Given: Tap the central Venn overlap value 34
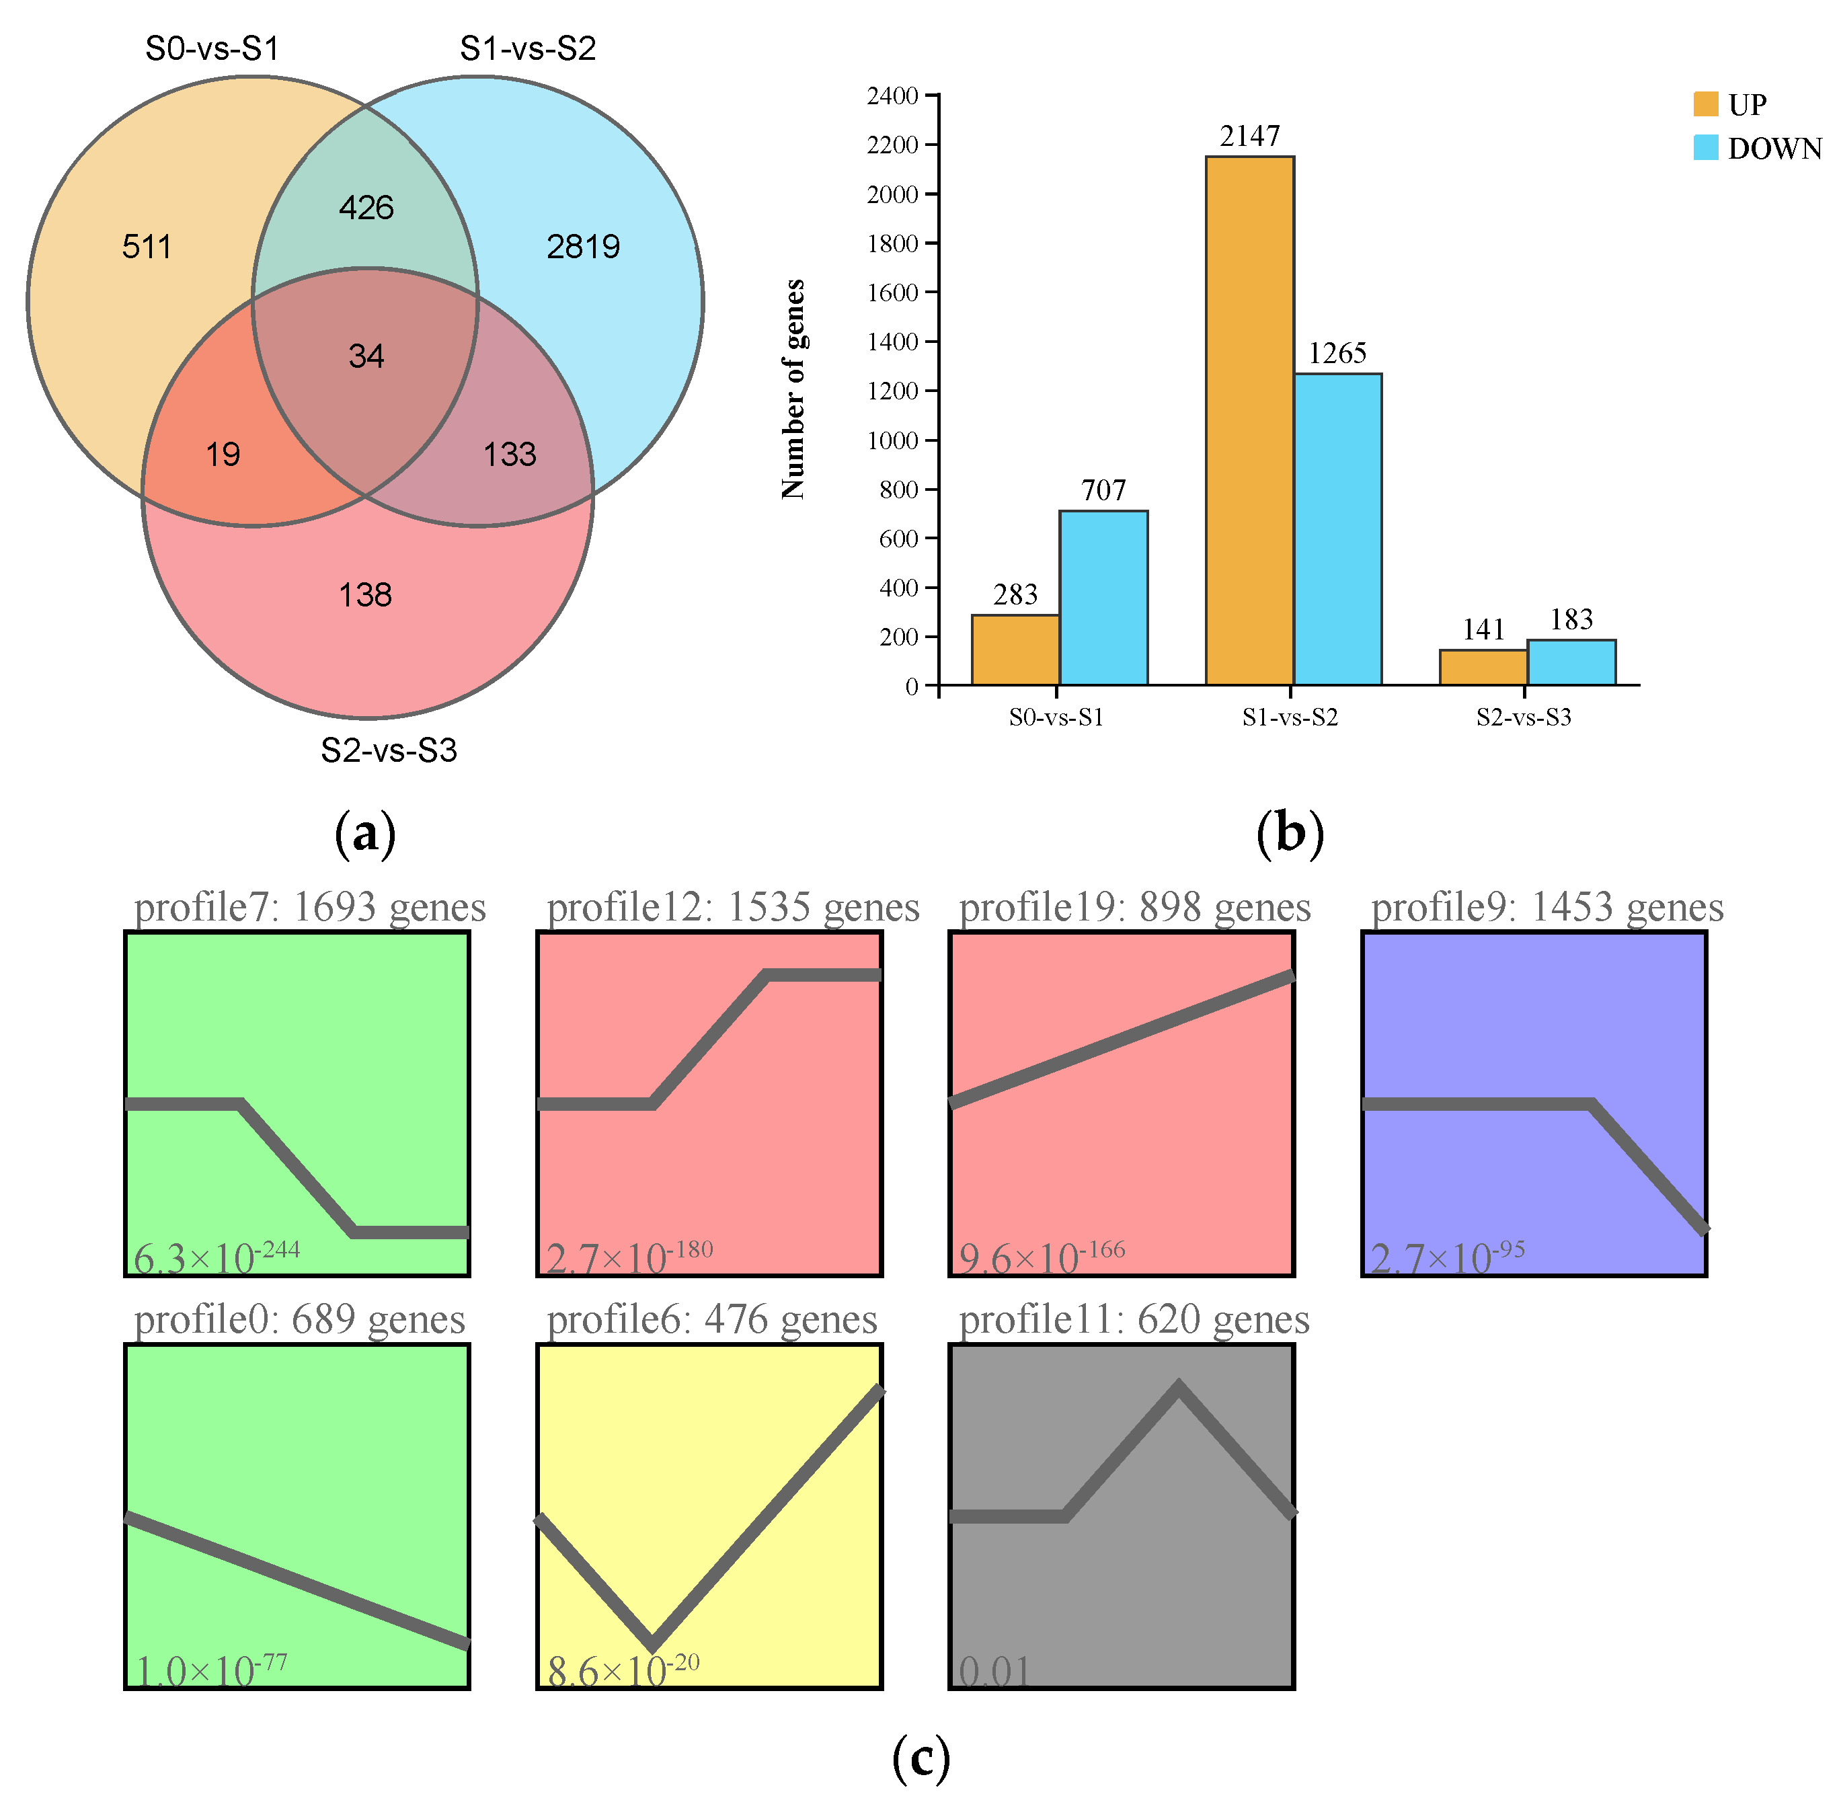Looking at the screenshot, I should click(x=366, y=356).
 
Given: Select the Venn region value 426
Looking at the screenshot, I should click(x=366, y=207).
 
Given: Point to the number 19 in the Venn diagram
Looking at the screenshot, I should click(x=223, y=454).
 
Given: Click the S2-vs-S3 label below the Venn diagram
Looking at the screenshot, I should click(x=389, y=750).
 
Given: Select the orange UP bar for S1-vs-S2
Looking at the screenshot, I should click(x=1249, y=421).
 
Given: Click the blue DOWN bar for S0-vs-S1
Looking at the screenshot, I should click(x=1103, y=598).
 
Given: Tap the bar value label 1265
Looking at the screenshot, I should click(x=1337, y=352).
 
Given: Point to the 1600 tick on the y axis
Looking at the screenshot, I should click(x=892, y=292).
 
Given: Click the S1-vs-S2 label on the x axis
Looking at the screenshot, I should click(x=1290, y=717).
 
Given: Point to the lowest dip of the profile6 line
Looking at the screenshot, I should click(x=652, y=1644).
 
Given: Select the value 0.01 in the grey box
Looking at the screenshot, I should click(x=994, y=1672).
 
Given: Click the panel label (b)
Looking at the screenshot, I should click(x=1290, y=834).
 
